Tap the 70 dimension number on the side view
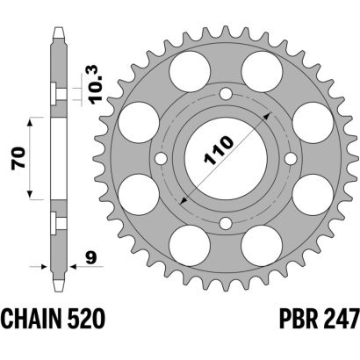pos(18,158)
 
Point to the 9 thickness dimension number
pos(91,258)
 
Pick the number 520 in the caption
pos(85,319)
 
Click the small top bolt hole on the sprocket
pos(226,94)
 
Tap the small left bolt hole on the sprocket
pos(161,159)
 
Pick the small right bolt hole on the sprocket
pos(291,159)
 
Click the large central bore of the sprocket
pos(226,159)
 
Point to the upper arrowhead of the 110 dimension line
pos(266,117)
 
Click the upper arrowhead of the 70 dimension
pos(30,122)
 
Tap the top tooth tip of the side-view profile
pos(59,28)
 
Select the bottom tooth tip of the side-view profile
pos(59,291)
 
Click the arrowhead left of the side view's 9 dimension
pos(45,267)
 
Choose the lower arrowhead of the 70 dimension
pos(30,194)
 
